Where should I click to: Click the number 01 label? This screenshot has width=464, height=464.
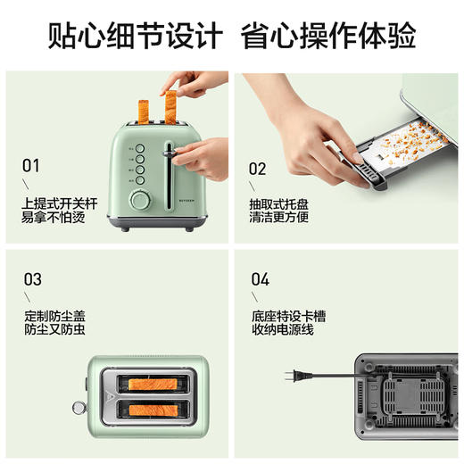[x=31, y=165]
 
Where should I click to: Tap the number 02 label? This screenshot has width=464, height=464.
[x=258, y=168]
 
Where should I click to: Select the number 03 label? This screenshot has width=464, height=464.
[x=32, y=278]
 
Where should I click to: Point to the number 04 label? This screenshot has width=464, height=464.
[x=260, y=278]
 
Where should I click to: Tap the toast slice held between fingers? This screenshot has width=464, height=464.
[x=169, y=105]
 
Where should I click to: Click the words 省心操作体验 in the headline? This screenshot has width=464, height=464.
[x=328, y=36]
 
